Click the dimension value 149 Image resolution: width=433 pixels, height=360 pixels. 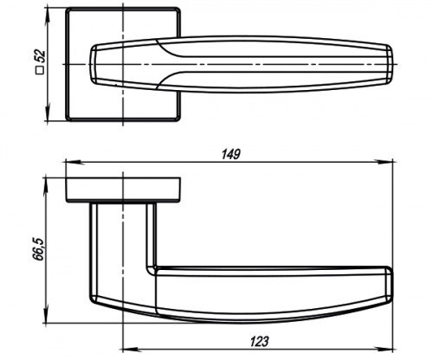(230, 154)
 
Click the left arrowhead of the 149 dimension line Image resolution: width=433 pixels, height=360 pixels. (70, 161)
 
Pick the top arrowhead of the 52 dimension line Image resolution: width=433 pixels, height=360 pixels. (48, 13)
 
